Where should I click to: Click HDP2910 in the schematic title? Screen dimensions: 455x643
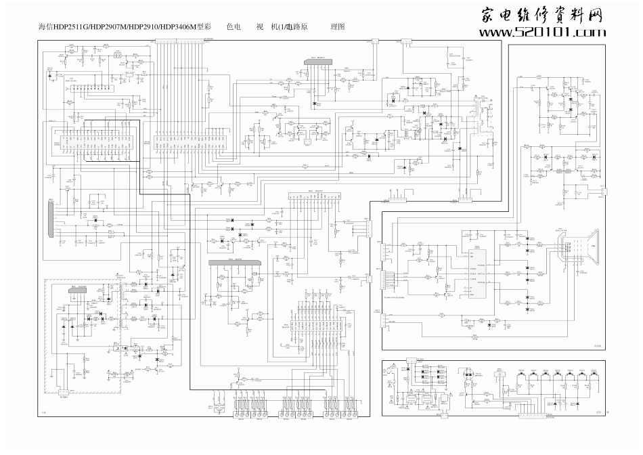tap(141, 28)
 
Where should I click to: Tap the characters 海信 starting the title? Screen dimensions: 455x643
tap(45, 28)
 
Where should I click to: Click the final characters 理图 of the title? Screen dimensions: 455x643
tap(338, 28)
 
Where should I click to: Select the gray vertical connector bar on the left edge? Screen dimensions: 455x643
tap(49, 219)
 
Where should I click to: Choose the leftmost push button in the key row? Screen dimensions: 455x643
tap(523, 375)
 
